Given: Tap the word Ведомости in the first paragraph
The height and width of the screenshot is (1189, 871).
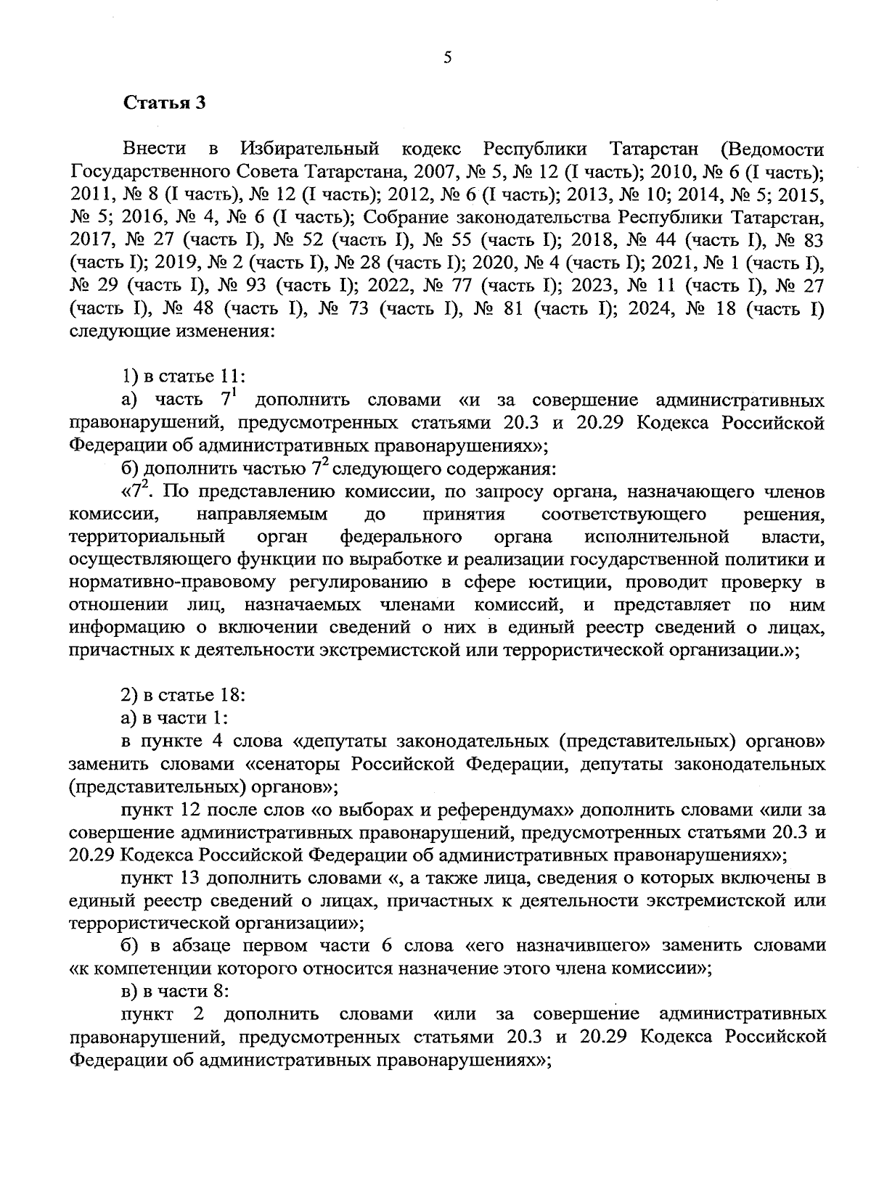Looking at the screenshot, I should coord(774,150).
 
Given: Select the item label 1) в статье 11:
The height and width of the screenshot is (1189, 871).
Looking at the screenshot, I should coord(183,377).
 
